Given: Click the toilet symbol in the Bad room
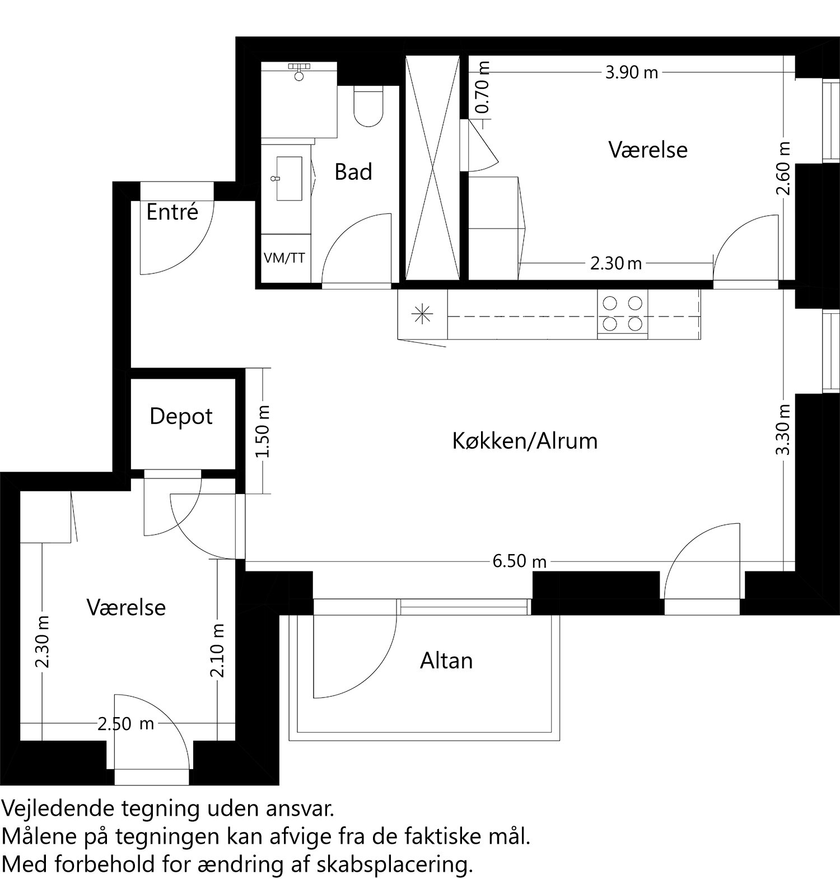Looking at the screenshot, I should (x=368, y=106).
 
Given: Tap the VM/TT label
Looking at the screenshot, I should (x=284, y=258).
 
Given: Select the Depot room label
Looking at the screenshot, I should (x=181, y=416).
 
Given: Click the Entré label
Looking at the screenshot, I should (x=172, y=212).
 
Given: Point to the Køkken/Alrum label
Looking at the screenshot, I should (x=525, y=441).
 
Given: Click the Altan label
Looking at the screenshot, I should (x=446, y=661).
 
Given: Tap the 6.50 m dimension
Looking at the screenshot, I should (x=519, y=561).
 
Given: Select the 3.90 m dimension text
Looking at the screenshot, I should (x=631, y=73).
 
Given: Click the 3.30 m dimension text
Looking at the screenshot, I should (x=784, y=429).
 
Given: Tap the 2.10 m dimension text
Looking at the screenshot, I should (x=218, y=650).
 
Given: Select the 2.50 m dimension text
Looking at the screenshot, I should (x=125, y=724).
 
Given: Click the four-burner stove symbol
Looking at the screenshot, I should (x=622, y=314).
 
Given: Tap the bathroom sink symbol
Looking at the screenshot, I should (x=289, y=178).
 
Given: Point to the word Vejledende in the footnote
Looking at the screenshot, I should (x=59, y=809).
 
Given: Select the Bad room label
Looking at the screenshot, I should (x=353, y=172).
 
